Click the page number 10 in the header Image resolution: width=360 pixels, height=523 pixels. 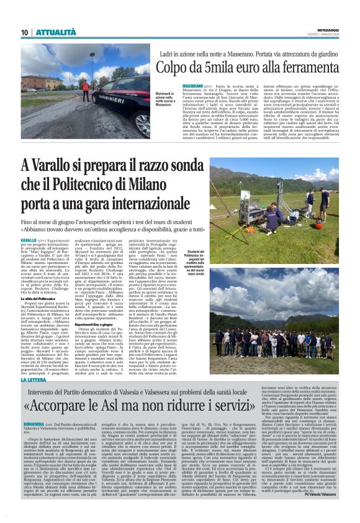pos(24,32)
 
